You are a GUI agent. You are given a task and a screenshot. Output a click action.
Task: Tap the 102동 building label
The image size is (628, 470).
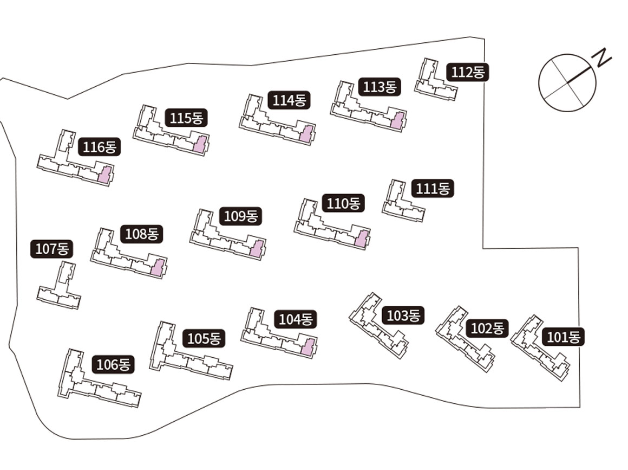(x=487, y=329)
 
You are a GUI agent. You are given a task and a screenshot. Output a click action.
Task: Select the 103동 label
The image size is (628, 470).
(x=403, y=316)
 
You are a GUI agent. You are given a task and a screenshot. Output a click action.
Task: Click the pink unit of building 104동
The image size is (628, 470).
(x=308, y=347)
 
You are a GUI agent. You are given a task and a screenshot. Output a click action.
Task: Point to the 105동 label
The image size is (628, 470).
(x=204, y=339)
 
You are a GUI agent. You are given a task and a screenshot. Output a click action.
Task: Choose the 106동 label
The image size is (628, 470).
(x=114, y=365)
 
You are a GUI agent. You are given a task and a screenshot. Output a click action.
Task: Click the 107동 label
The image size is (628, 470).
(x=51, y=249)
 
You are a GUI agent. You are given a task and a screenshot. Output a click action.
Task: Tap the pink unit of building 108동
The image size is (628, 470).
(x=158, y=268)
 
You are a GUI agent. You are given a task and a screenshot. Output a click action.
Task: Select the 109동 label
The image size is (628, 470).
(x=241, y=216)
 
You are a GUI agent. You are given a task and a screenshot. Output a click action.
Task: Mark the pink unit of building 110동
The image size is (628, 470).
(x=361, y=239)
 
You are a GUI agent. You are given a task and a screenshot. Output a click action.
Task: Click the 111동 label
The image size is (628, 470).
(x=433, y=189)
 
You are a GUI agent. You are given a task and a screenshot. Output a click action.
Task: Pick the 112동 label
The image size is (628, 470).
(x=468, y=72)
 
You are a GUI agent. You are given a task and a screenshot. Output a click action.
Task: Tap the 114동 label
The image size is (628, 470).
(x=289, y=100)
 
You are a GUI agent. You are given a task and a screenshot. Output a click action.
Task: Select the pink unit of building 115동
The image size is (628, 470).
(x=200, y=145)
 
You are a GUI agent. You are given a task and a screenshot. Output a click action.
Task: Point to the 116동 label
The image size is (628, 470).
(x=100, y=147)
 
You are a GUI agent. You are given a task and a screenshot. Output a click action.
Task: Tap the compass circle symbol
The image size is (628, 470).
(x=567, y=82)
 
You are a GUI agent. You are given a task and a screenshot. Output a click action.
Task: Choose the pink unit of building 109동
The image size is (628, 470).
(x=257, y=249)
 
